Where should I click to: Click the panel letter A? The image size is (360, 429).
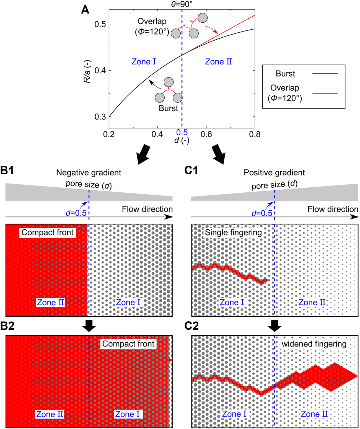[x=85, y=10]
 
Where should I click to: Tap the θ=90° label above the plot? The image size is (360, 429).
[x=182, y=4]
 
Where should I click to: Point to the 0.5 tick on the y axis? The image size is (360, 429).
[x=100, y=24]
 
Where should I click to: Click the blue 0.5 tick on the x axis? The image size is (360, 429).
[x=182, y=132]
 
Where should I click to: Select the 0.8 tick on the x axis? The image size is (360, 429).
[x=255, y=135]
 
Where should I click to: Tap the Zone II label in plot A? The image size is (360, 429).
[x=218, y=62]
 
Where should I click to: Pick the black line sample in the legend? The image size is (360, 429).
[x=325, y=73]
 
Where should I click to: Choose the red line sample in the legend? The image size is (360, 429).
[x=325, y=94]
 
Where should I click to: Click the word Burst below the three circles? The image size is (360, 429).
[x=168, y=108]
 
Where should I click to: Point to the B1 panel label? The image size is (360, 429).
[x=7, y=170]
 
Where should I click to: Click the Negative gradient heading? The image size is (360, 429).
[x=89, y=173]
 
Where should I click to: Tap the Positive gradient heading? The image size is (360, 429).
[x=274, y=173]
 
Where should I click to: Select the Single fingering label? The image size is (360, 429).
[x=233, y=232]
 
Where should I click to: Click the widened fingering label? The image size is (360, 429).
[x=314, y=344]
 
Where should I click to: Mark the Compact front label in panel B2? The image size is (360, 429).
[x=128, y=344]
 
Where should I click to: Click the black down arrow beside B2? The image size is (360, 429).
[x=89, y=326]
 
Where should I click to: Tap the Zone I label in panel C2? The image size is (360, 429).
[x=234, y=414]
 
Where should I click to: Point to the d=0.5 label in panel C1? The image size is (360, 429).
[x=262, y=213]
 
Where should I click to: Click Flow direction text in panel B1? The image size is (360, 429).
[x=147, y=209]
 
